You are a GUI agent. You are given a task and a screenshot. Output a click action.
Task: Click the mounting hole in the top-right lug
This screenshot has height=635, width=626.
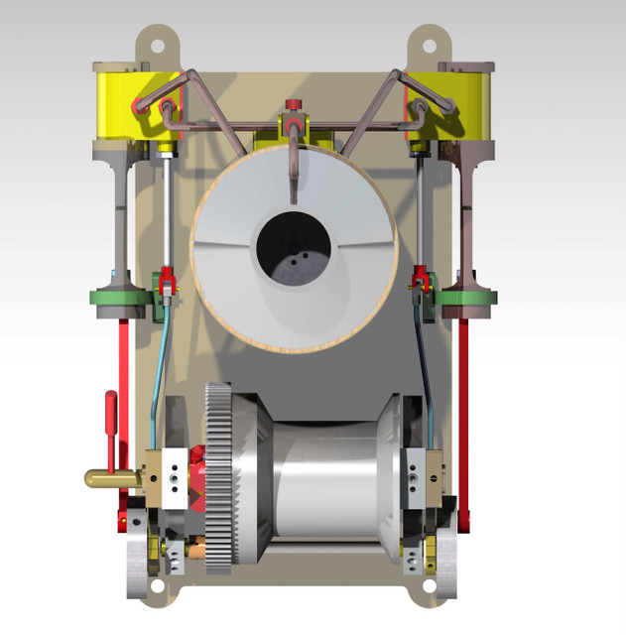(x=429, y=44)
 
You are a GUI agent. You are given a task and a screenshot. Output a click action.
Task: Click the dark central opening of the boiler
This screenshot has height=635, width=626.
(x=294, y=251)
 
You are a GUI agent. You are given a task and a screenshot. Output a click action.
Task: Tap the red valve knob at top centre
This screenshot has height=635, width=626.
(x=293, y=104)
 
